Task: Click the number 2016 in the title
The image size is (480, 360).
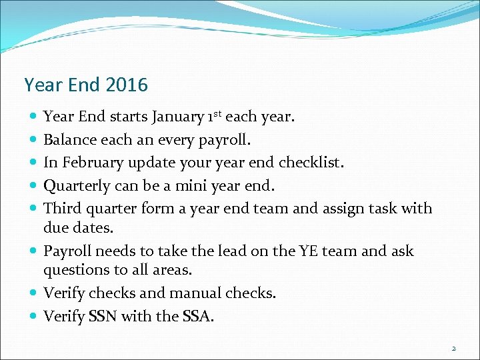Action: point(126,85)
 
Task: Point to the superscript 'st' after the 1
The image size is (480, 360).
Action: point(216,114)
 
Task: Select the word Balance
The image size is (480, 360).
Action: point(70,140)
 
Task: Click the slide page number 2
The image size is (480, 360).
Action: point(453,348)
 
